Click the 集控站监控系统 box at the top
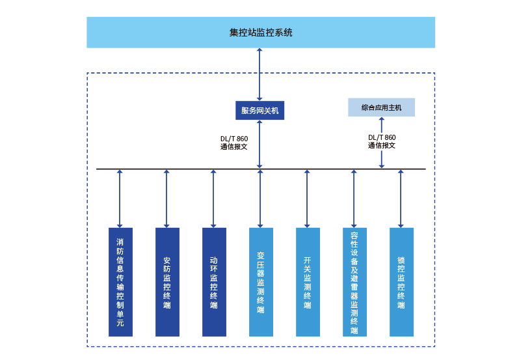tap(260, 33)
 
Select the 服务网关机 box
tap(259, 111)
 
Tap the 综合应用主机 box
tap(381, 107)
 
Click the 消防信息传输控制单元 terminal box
tap(120, 282)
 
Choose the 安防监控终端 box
tap(167, 282)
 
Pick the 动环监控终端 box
tap(214, 282)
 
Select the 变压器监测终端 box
tap(261, 282)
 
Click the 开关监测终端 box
tap(308, 282)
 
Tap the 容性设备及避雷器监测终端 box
tap(354, 282)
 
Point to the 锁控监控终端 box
tap(401, 282)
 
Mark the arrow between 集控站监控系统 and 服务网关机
tap(259, 74)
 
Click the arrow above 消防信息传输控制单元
tap(120, 199)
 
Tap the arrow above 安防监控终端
tap(166, 199)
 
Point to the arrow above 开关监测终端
tap(307, 199)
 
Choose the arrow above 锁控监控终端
tap(401, 199)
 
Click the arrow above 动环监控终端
tap(213, 199)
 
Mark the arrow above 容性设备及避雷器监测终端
tap(354, 199)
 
